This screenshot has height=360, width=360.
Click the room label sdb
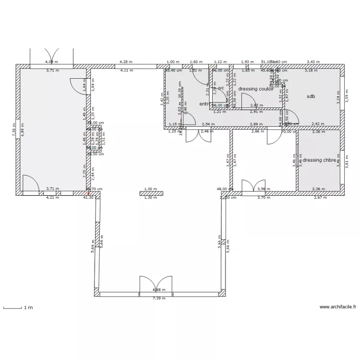pyautogui.click(x=311, y=96)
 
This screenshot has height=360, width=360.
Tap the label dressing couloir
pyautogui.click(x=256, y=89)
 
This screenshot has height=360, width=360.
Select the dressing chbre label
pyautogui.click(x=319, y=160)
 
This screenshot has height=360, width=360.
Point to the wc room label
pyautogui.click(x=221, y=88)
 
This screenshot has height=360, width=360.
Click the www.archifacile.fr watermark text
pyautogui.click(x=338, y=307)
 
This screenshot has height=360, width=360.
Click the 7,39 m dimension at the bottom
pyautogui.click(x=159, y=298)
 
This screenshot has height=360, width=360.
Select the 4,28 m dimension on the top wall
pyautogui.click(x=126, y=62)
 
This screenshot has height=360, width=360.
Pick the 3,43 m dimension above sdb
pyautogui.click(x=313, y=62)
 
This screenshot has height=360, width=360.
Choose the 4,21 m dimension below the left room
pyautogui.click(x=52, y=197)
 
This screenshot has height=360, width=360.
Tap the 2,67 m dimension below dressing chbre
pyautogui.click(x=320, y=197)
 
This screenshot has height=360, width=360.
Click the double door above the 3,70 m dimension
pyautogui.click(x=253, y=187)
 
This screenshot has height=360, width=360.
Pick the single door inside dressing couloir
pyautogui.click(x=248, y=101)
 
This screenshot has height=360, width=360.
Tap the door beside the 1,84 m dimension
pyautogui.click(x=78, y=86)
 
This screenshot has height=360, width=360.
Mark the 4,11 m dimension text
pyautogui.click(x=126, y=71)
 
